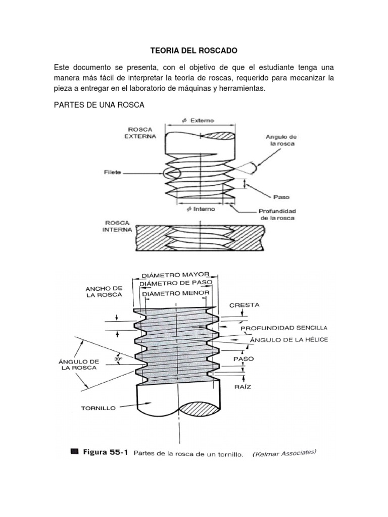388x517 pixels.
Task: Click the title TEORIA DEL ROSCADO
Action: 194,51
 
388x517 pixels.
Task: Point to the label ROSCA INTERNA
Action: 118,226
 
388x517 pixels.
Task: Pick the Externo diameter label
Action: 199,121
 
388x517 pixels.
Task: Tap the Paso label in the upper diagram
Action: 281,197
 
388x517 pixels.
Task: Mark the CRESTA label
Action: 244,305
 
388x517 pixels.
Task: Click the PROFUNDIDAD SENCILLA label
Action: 284,328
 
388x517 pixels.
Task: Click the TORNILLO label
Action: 99,407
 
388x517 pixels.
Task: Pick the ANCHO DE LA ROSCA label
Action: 104,291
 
